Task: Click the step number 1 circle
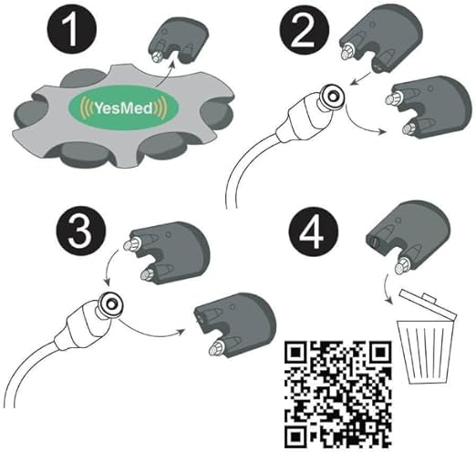point(72,30)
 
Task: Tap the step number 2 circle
point(305,30)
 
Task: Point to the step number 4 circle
point(314,233)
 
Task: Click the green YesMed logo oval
point(123,108)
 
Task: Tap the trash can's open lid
point(428,304)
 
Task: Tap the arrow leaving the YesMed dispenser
point(165,73)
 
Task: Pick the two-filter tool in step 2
point(429,107)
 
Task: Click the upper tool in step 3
point(167,252)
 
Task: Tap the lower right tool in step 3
point(235,324)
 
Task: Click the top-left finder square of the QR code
point(295,352)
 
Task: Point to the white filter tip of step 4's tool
point(401,267)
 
